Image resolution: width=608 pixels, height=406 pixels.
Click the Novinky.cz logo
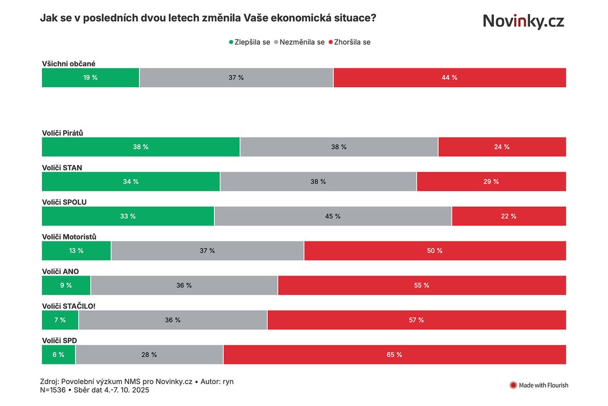[523, 21]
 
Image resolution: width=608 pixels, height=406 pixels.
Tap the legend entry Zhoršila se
[350, 42]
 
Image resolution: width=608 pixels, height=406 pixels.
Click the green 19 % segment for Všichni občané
[91, 78]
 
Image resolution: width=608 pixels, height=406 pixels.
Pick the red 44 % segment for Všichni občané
[449, 78]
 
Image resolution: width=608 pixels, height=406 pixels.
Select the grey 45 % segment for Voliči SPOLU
[333, 216]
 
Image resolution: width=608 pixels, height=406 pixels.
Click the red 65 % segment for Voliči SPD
[394, 355]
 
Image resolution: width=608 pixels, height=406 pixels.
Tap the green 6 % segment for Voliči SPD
[58, 355]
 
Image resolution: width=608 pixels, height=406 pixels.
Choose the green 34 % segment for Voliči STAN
[131, 182]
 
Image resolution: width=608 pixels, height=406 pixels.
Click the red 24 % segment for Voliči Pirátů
[502, 147]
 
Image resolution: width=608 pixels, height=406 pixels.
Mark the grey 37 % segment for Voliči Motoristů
[207, 251]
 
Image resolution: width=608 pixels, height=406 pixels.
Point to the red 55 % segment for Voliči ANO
[422, 285]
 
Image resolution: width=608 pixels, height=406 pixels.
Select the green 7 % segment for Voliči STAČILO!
[60, 320]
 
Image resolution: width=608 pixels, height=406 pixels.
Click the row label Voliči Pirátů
[62, 133]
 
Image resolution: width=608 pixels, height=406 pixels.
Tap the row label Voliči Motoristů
[69, 237]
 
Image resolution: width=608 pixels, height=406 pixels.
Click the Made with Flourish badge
[539, 385]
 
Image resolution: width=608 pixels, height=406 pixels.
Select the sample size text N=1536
[52, 390]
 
